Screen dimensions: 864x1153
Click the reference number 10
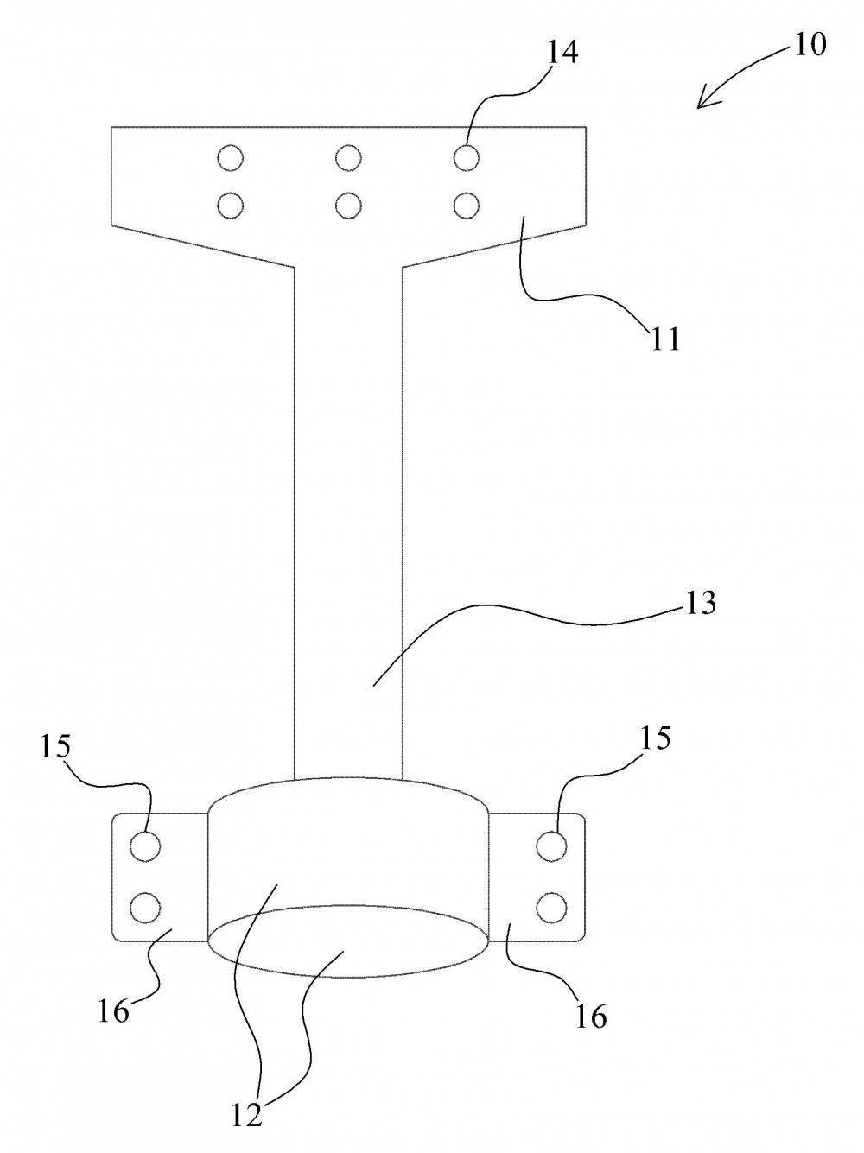pyautogui.click(x=811, y=44)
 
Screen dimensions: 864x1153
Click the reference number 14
pyautogui.click(x=562, y=53)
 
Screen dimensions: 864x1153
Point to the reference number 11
pyautogui.click(x=665, y=339)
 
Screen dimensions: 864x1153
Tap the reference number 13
pyautogui.click(x=700, y=603)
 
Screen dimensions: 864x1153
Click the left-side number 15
pyautogui.click(x=55, y=746)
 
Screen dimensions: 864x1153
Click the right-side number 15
pyautogui.click(x=656, y=738)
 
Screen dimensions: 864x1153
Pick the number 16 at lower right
pyautogui.click(x=591, y=1017)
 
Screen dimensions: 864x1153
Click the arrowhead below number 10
pyautogui.click(x=704, y=101)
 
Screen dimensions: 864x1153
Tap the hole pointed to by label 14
pyautogui.click(x=466, y=157)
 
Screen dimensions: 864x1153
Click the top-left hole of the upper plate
pyautogui.click(x=230, y=158)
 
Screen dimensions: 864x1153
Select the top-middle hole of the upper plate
pyautogui.click(x=347, y=157)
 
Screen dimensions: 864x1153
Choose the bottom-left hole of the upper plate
pyautogui.click(x=230, y=205)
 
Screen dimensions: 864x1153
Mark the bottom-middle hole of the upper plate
pyautogui.click(x=347, y=205)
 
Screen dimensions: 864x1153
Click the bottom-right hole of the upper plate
pyautogui.click(x=466, y=205)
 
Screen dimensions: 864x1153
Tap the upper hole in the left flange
pyautogui.click(x=145, y=846)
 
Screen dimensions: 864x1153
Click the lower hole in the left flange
pyautogui.click(x=145, y=907)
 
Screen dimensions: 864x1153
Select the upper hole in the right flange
pyautogui.click(x=551, y=846)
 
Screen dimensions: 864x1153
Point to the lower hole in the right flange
pyautogui.click(x=551, y=907)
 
